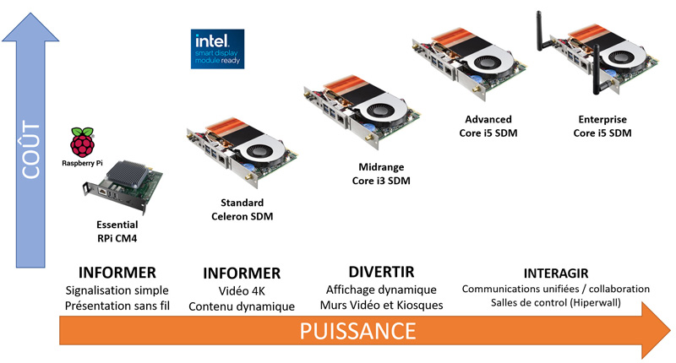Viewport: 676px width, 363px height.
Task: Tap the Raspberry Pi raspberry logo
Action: [82, 143]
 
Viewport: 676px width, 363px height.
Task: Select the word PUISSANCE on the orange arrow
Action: [357, 330]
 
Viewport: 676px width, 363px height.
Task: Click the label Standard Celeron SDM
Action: [242, 210]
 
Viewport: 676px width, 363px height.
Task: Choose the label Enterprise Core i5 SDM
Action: [602, 127]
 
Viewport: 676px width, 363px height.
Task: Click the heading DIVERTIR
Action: [381, 272]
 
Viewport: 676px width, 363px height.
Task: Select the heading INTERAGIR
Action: [555, 273]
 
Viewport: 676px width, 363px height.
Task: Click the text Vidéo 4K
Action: [242, 290]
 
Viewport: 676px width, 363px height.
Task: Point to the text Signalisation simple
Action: [117, 290]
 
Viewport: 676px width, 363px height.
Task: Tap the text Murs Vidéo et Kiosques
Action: [381, 305]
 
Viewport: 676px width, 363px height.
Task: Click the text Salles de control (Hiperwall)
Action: [555, 304]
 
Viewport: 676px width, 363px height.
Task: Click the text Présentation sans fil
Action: [117, 306]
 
